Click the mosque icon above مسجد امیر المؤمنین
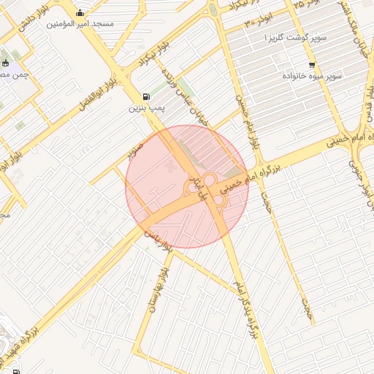click(80, 12)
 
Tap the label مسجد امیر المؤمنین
click(80, 23)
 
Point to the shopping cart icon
click(312, 65)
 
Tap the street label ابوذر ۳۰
click(259, 23)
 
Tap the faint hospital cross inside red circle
click(172, 167)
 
